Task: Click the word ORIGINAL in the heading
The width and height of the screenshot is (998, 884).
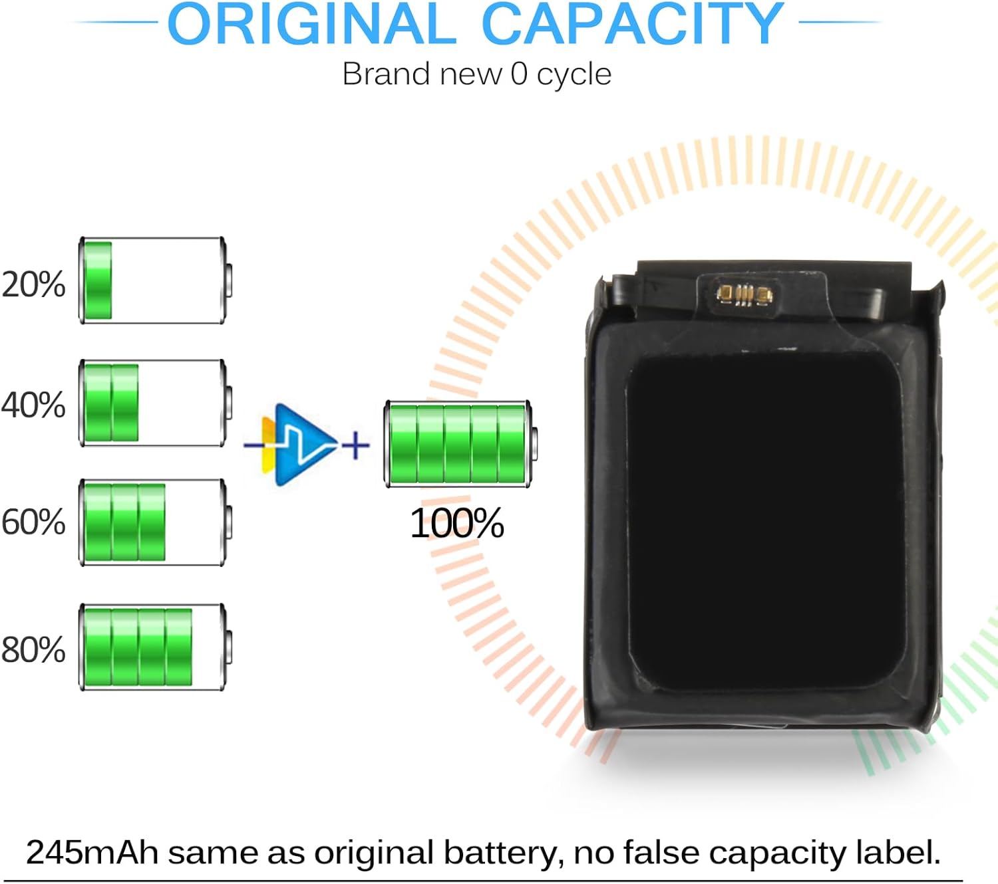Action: tap(311, 24)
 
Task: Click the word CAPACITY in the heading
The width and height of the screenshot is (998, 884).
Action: tap(632, 24)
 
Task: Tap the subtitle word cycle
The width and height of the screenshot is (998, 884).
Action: tap(574, 74)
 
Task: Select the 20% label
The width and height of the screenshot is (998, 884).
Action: tap(33, 284)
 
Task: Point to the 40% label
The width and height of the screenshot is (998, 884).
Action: tap(33, 405)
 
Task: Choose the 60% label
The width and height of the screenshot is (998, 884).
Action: tap(33, 522)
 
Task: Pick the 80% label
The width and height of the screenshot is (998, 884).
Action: tap(33, 650)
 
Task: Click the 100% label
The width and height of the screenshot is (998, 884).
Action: tap(457, 524)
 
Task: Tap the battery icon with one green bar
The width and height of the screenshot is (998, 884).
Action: tap(155, 280)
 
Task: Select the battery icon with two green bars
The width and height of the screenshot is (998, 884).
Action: tap(155, 403)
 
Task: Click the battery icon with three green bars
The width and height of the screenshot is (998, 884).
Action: tap(155, 522)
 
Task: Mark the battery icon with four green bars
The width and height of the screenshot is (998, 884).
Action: tap(155, 647)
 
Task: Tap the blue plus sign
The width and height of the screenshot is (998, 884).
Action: tap(356, 445)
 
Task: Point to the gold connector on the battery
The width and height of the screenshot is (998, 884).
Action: tap(743, 293)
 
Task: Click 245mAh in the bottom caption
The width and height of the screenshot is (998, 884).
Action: tap(92, 853)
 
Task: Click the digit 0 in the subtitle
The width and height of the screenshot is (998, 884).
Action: tap(519, 74)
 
